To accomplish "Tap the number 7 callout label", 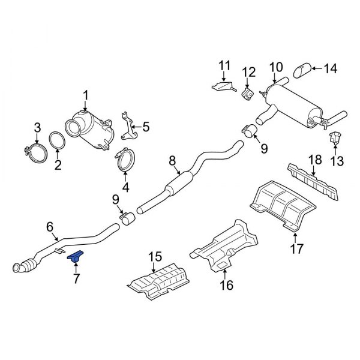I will pyautogui.click(x=76, y=278).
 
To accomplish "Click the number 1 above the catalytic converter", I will pyautogui.click(x=85, y=94).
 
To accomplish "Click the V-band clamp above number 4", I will pyautogui.click(x=124, y=160).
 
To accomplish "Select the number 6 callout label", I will pyautogui.click(x=50, y=227).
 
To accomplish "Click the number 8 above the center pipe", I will pyautogui.click(x=172, y=160).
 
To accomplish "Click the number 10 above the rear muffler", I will pyautogui.click(x=275, y=67).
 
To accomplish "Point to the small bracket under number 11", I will pyautogui.click(x=223, y=86).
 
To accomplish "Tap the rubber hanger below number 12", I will pyautogui.click(x=246, y=94).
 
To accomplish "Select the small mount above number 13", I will pyautogui.click(x=335, y=137).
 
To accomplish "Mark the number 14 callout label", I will pyautogui.click(x=331, y=69).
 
